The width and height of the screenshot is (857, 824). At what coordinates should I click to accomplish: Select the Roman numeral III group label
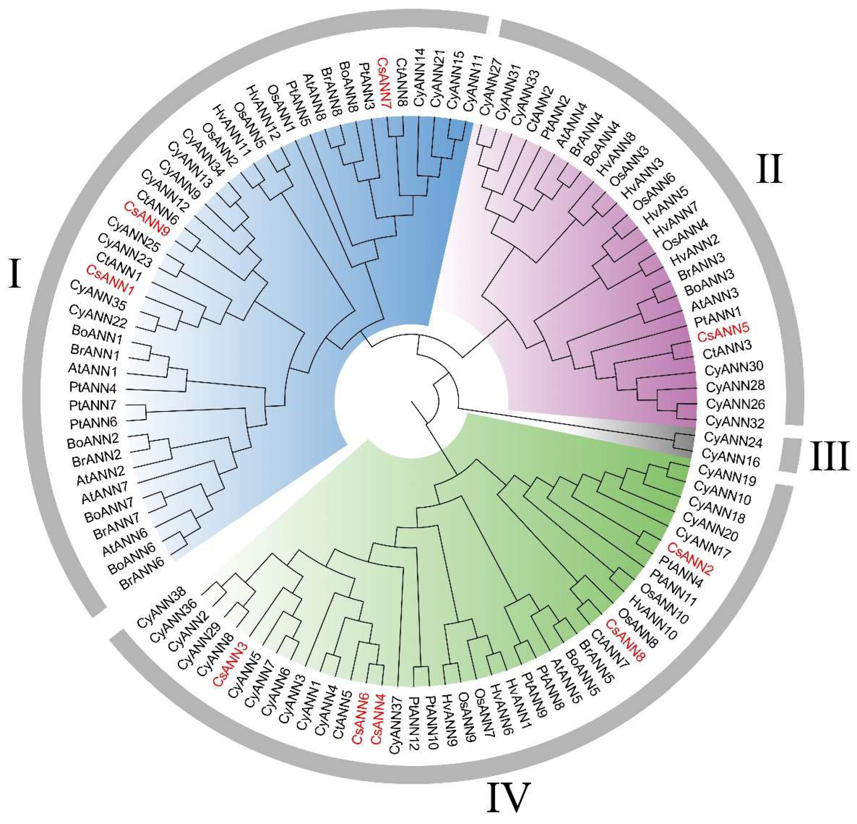pos(828,456)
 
